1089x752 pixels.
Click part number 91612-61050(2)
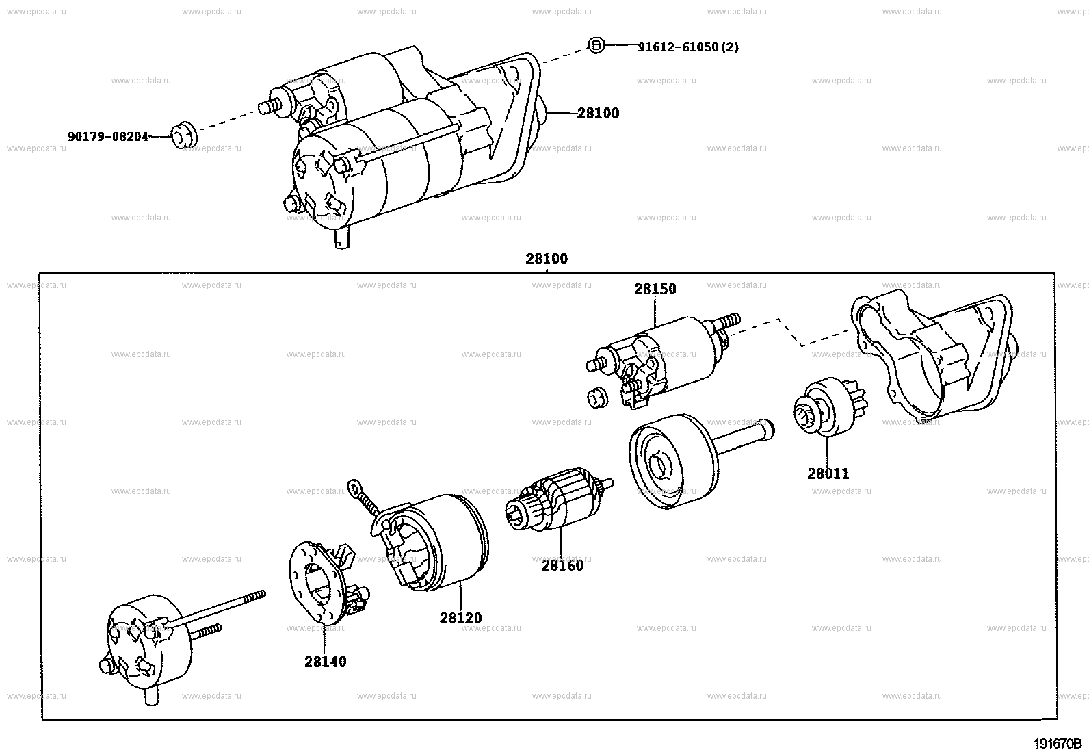(x=687, y=47)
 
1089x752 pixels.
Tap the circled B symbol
(x=596, y=46)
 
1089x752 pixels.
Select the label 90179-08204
(x=107, y=136)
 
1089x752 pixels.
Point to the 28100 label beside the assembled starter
(x=597, y=114)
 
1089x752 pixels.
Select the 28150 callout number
(x=655, y=289)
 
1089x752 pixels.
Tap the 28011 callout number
(x=828, y=474)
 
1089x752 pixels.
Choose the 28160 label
(x=562, y=566)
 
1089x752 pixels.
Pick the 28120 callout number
(x=460, y=618)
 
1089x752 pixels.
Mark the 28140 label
(x=325, y=662)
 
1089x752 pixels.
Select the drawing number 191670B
(x=1057, y=744)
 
